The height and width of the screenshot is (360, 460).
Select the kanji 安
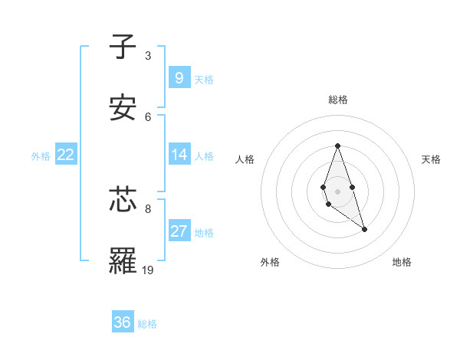click(123, 108)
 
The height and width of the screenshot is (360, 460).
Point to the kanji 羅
click(123, 261)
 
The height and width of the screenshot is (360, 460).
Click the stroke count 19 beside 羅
click(148, 270)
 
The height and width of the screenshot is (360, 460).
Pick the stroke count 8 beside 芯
click(148, 208)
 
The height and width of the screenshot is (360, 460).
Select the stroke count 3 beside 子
click(148, 56)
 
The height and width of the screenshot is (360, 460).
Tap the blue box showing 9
click(179, 77)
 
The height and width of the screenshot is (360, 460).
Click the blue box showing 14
click(179, 155)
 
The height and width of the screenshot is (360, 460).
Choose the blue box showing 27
click(179, 231)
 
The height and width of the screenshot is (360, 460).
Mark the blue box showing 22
click(66, 155)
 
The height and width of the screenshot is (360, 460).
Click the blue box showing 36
click(123, 322)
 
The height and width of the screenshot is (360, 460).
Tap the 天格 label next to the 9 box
click(203, 80)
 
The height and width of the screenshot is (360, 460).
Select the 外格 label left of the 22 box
click(41, 156)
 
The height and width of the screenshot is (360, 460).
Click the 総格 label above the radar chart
click(338, 100)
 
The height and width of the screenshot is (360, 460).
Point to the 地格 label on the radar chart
click(402, 262)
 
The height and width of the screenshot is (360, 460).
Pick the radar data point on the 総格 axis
click(337, 146)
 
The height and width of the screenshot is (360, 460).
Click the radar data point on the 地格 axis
click(364, 229)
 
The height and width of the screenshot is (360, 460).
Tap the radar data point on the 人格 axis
click(322, 186)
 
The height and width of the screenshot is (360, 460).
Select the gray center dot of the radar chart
click(337, 190)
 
